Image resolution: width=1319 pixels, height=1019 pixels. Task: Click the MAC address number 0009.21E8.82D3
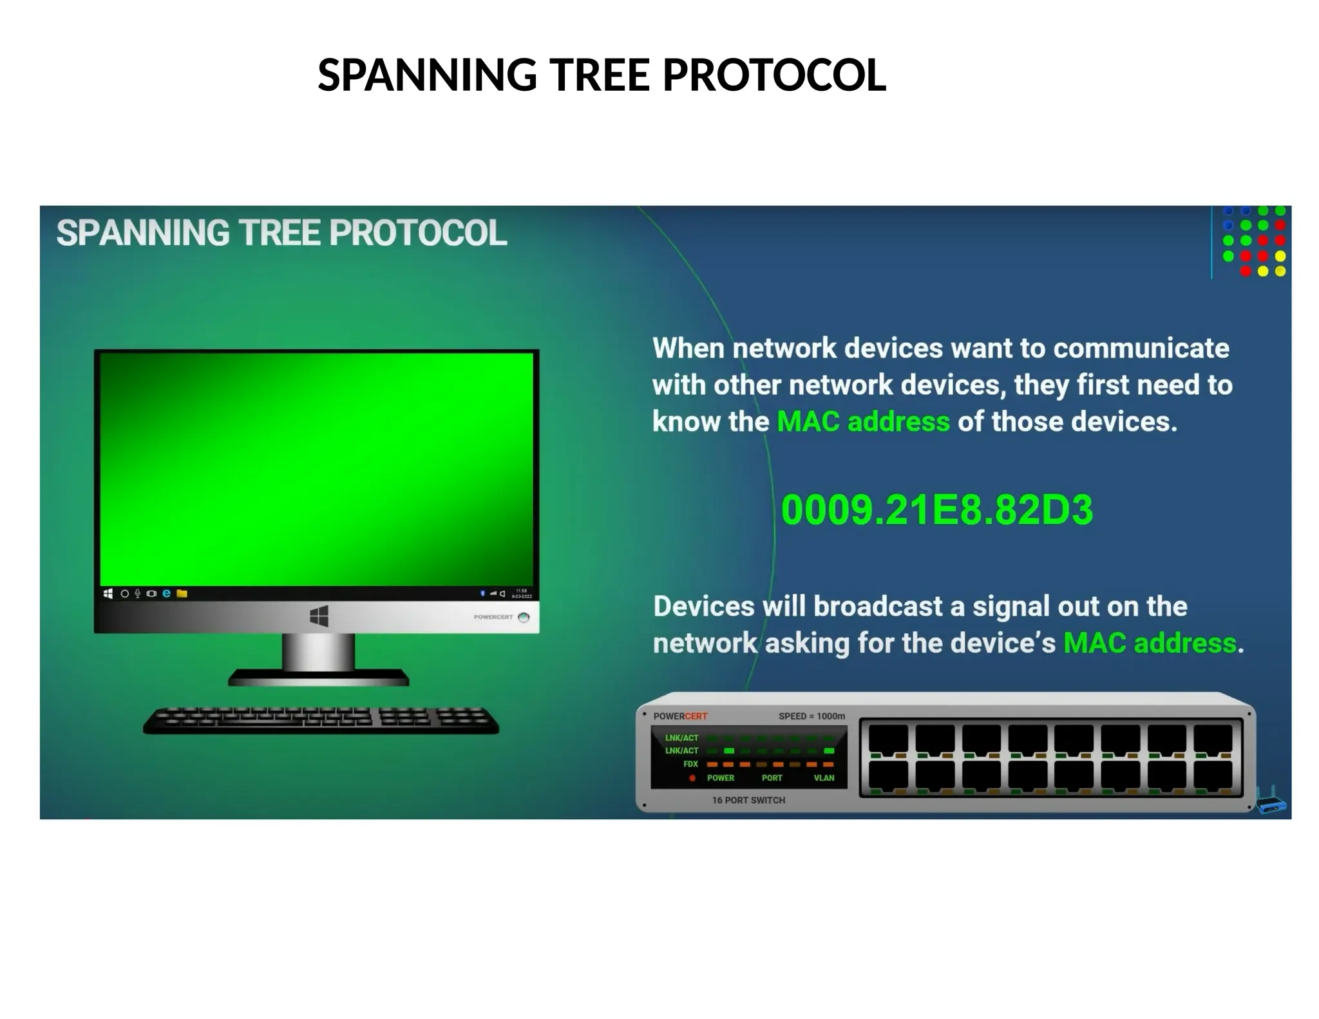936,510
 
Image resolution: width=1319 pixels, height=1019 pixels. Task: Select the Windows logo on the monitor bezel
319,616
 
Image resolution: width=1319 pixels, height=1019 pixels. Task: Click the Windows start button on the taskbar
108,593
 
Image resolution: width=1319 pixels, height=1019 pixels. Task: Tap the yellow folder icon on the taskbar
182,593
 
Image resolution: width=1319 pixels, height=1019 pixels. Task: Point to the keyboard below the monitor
321,720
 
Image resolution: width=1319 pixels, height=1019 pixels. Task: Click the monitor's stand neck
319,651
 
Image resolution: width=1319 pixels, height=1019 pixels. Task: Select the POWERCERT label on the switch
680,716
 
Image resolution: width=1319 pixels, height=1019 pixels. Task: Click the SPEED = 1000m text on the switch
811,716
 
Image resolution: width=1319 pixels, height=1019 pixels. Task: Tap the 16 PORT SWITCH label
748,800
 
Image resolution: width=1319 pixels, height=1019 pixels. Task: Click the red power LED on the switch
692,778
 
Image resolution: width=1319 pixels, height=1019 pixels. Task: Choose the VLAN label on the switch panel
824,778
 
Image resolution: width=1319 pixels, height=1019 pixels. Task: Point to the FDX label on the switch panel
690,764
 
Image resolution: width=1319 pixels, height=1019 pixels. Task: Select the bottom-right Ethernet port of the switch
1213,776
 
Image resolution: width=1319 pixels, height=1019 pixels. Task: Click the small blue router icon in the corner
1271,802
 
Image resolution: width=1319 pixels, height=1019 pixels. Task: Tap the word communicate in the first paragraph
1141,348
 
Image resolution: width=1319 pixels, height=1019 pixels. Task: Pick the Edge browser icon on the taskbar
166,593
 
